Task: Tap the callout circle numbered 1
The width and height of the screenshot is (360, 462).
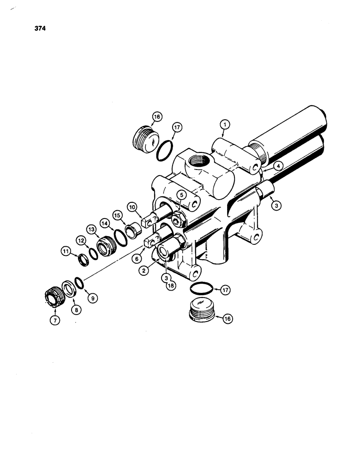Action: point(225,124)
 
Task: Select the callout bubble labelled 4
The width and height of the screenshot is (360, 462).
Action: point(277,166)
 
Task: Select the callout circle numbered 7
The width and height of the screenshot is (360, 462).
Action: point(54,320)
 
